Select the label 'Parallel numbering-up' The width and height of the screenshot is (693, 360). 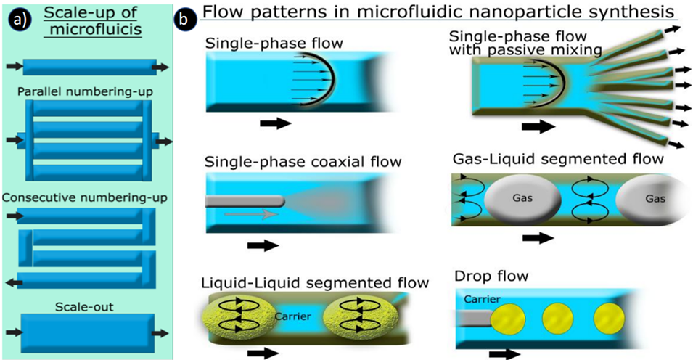pos(86,91)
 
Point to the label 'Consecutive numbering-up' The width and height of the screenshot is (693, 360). pos(86,197)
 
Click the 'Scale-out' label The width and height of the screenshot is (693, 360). pos(86,307)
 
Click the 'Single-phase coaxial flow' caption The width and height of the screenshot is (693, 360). pos(303,161)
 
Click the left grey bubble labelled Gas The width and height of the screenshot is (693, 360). pos(521,197)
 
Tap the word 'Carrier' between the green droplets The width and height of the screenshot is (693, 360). pos(293,316)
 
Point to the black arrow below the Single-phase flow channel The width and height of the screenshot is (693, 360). pos(275,123)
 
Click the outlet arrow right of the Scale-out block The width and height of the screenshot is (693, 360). pos(162,333)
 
